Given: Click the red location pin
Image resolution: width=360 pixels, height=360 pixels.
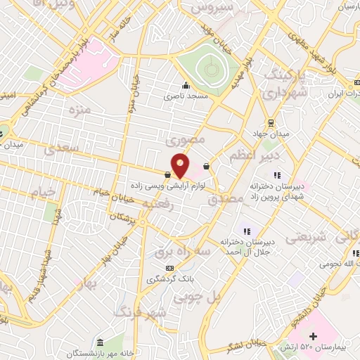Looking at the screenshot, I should pyautogui.click(x=180, y=164).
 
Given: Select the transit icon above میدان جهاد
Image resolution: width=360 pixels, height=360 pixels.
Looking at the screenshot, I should pyautogui.click(x=271, y=122).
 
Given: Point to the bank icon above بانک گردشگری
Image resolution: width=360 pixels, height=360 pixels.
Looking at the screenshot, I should pyautogui.click(x=169, y=268).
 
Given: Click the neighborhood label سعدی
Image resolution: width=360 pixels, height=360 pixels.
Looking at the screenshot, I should pyautogui.click(x=58, y=149).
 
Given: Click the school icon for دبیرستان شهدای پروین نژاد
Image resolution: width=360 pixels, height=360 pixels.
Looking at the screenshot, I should pyautogui.click(x=277, y=175).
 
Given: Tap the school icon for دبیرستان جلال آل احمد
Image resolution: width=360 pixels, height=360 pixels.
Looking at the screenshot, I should pyautogui.click(x=246, y=230).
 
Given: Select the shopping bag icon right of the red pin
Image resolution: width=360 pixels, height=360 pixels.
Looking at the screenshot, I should pyautogui.click(x=205, y=167).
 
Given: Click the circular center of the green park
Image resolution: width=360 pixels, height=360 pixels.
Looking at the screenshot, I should pyautogui.click(x=208, y=68).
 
